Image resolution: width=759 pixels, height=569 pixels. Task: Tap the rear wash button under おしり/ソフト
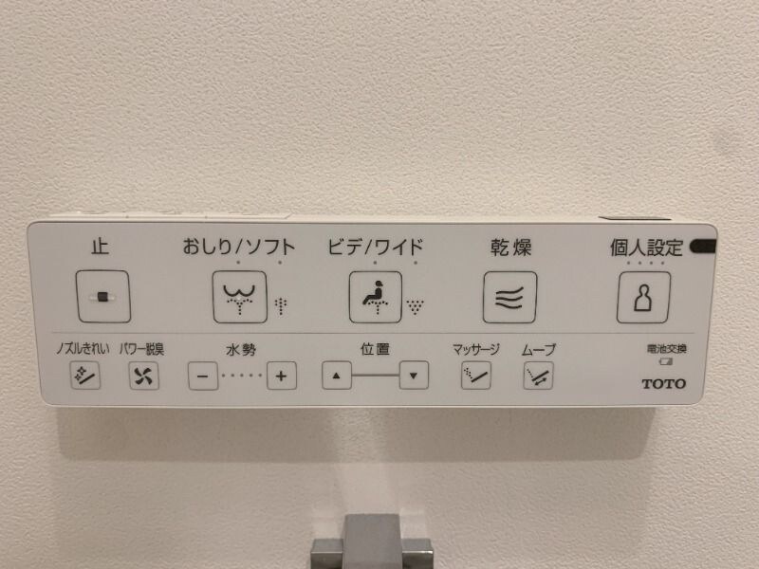point(239,297)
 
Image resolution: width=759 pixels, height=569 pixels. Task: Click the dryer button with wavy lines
point(509,297)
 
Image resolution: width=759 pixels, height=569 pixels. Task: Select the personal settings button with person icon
point(644,297)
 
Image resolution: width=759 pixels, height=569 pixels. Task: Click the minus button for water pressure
point(202,376)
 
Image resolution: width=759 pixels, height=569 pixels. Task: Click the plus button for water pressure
point(281,376)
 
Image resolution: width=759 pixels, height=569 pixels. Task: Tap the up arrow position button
point(336,376)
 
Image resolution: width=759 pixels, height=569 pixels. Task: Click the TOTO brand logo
point(662,383)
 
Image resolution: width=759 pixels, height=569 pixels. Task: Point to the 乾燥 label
point(509,248)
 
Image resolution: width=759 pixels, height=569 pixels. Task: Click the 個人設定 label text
point(645,248)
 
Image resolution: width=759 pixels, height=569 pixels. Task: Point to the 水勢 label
point(240,350)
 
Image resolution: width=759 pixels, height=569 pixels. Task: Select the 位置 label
point(374,349)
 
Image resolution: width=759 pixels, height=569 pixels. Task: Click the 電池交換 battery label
point(661,349)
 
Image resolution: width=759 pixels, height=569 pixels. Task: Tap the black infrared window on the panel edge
point(703,248)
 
